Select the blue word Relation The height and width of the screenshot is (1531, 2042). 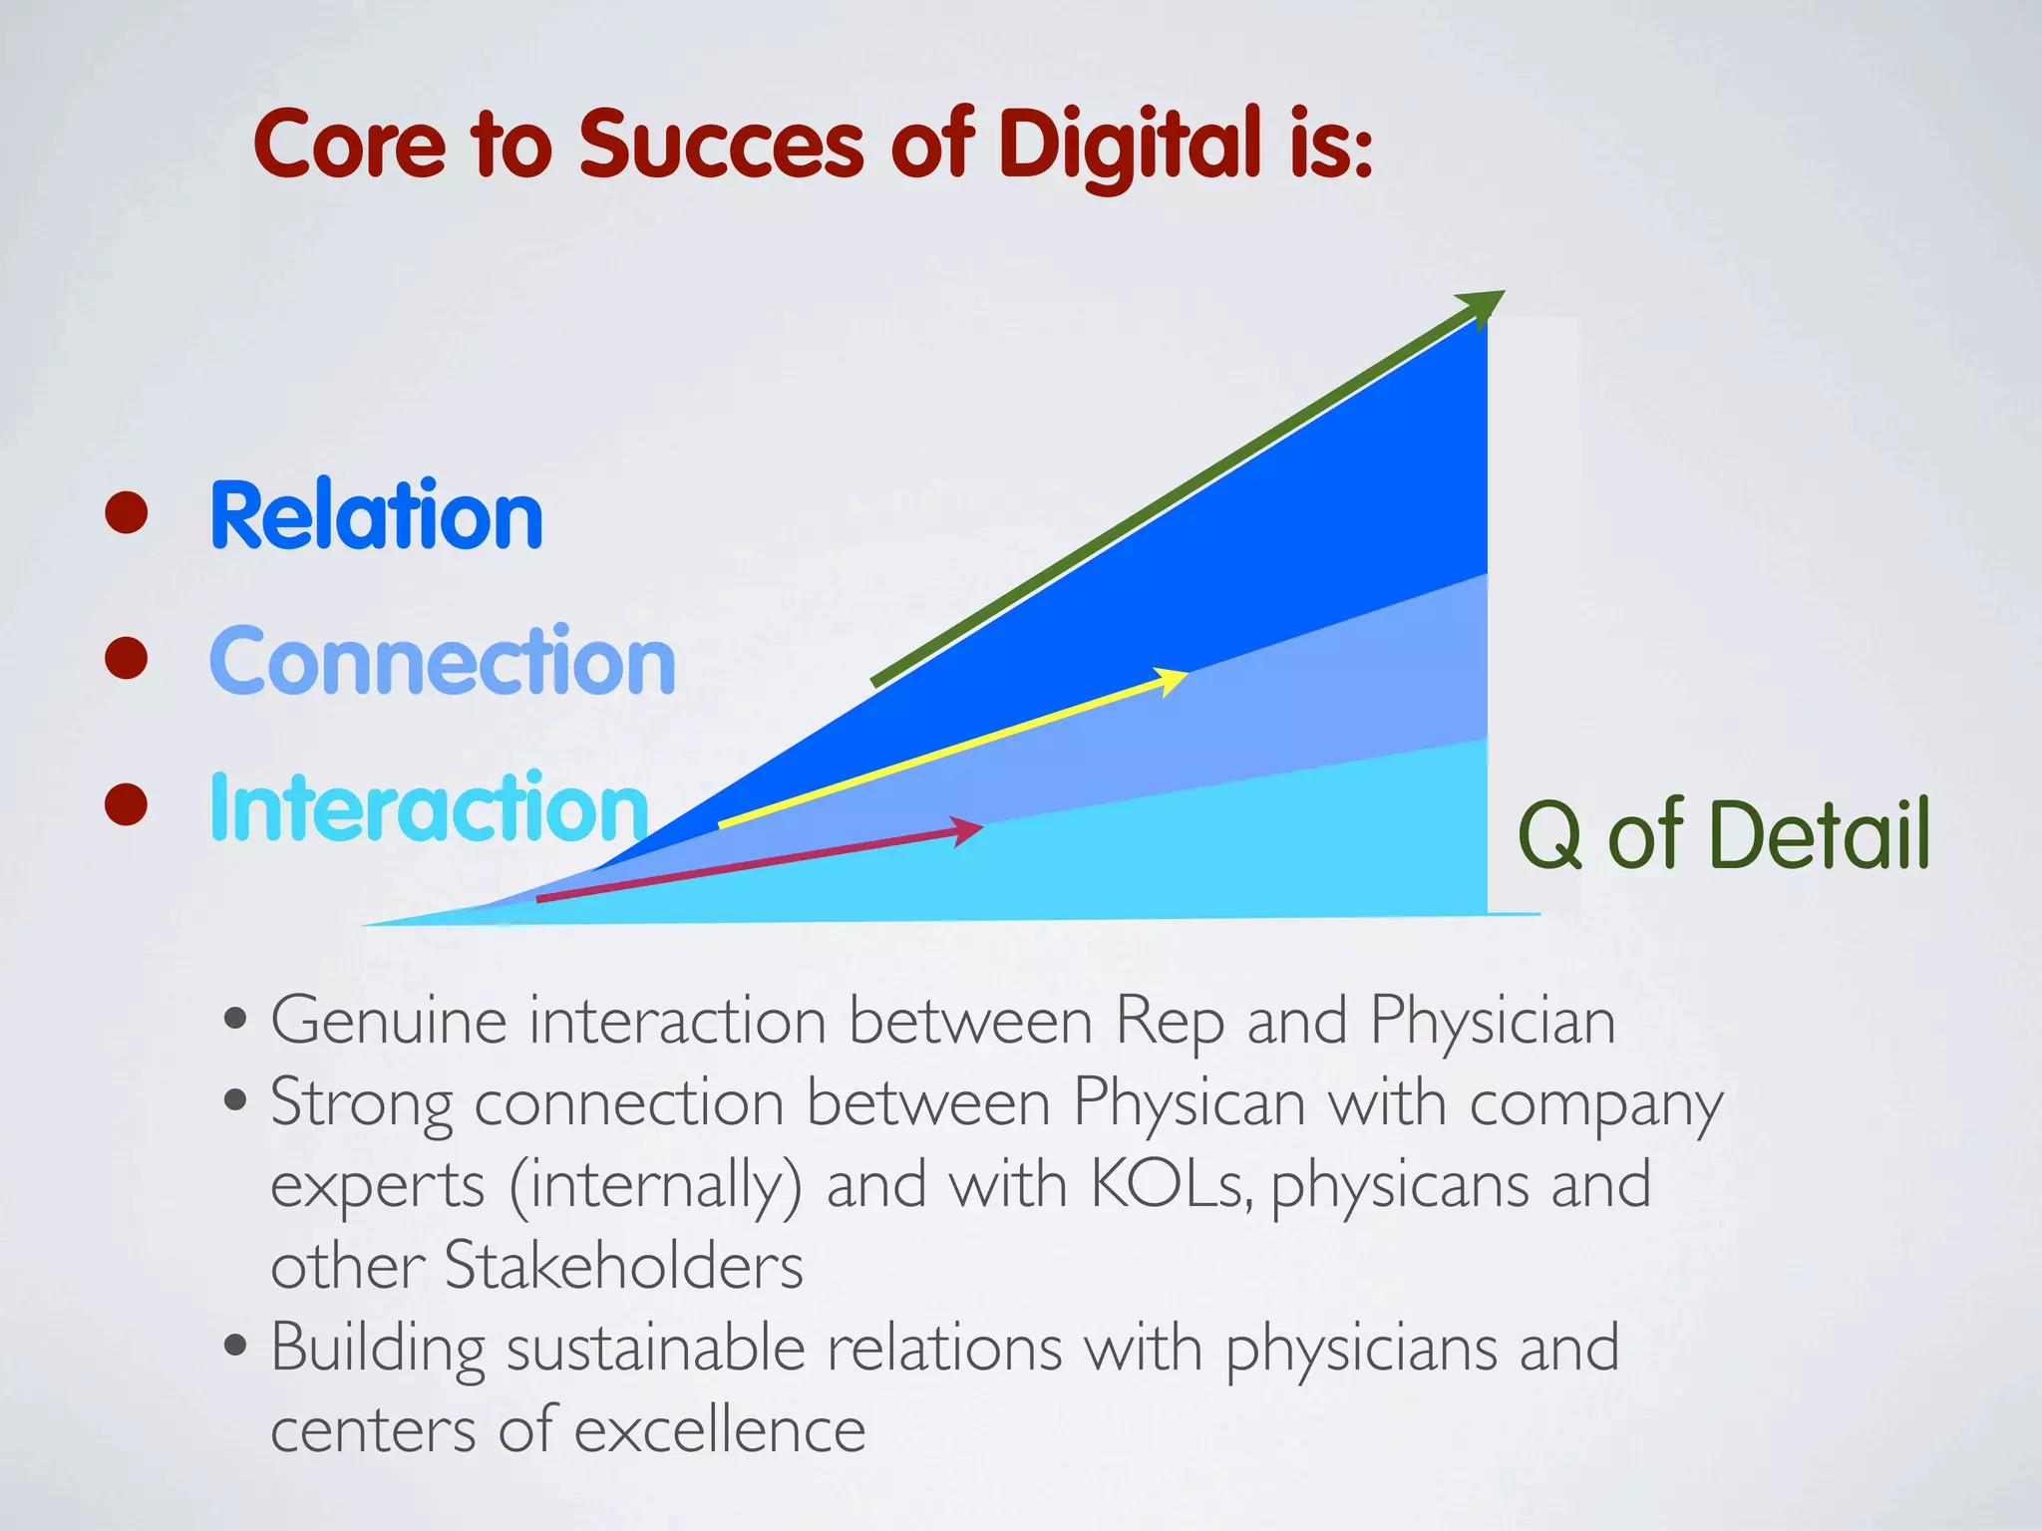[x=376, y=515]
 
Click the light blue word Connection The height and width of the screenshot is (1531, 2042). [x=443, y=661]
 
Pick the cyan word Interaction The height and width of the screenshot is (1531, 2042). [x=429, y=807]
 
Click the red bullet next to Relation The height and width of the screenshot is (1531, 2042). [x=127, y=512]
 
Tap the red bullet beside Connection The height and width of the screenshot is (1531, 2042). [x=127, y=659]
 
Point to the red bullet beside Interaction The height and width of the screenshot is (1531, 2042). [x=127, y=804]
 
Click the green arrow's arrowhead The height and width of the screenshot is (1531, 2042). [x=1483, y=305]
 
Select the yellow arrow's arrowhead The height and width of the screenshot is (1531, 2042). [x=1171, y=681]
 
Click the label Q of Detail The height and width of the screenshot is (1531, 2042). [x=1723, y=835]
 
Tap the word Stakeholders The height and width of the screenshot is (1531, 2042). [x=623, y=1266]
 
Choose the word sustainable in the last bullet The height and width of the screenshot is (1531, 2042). [x=655, y=1349]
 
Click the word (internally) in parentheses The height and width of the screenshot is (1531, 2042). [x=655, y=1186]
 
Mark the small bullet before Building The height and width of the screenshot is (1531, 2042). [x=235, y=1347]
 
